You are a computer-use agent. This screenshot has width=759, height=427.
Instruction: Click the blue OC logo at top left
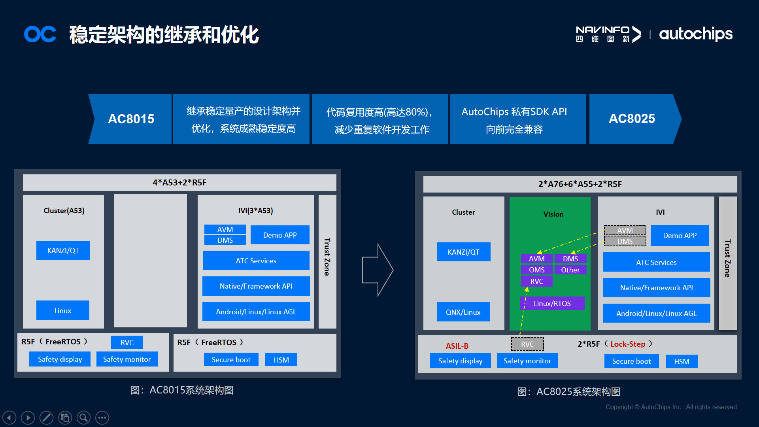coord(40,34)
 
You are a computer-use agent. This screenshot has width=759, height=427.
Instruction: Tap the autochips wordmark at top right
coord(695,34)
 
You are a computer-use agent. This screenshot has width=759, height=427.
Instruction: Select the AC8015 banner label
coord(131,119)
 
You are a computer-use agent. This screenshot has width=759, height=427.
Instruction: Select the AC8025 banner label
coord(632,119)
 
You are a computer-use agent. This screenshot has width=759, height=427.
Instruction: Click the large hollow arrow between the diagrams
coord(378,270)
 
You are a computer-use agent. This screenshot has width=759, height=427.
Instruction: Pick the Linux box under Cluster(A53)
coord(63,310)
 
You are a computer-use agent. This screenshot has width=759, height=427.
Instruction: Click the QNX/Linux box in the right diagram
coord(463,312)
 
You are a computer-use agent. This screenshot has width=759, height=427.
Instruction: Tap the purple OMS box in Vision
coord(536,270)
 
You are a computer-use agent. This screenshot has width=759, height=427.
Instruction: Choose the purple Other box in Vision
coord(570,270)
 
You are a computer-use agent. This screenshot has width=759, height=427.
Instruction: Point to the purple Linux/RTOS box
coord(552,303)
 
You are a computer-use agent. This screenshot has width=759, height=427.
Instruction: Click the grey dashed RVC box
coord(527,344)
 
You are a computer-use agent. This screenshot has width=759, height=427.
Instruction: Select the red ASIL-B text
coord(457,346)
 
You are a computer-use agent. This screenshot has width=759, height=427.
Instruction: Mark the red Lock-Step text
coord(627,344)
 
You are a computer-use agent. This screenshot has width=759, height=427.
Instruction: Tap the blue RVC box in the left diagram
coord(127,342)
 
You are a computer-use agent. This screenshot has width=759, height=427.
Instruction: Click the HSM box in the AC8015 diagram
coord(281,360)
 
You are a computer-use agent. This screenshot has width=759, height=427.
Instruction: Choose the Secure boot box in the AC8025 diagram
coord(631,361)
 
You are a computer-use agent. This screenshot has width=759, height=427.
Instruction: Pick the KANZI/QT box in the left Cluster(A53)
coord(63,250)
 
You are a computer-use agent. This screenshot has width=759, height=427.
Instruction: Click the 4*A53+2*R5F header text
coord(179,183)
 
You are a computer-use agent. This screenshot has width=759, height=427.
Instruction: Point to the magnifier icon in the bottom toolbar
coord(83,418)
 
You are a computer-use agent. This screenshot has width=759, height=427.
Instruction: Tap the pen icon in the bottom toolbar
coord(46,418)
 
